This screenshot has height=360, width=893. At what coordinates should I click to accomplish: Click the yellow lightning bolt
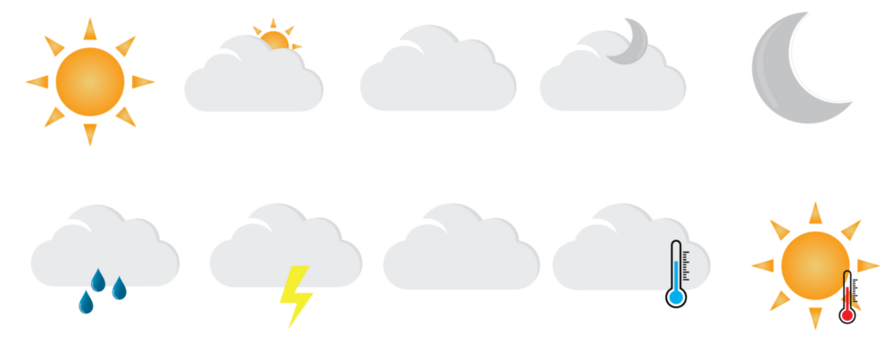pyautogui.click(x=295, y=295)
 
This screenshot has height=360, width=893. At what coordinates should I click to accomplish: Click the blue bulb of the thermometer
pyautogui.click(x=676, y=297)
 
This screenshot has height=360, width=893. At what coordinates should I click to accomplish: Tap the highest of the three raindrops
pyautogui.click(x=98, y=280)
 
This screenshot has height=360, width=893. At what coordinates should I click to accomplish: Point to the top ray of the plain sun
pyautogui.click(x=90, y=28)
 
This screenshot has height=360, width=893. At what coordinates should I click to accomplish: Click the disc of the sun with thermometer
pyautogui.click(x=812, y=264)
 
